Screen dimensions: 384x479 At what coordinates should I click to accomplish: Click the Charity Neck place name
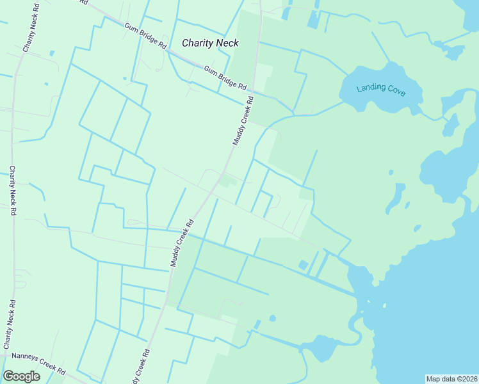pyautogui.click(x=210, y=43)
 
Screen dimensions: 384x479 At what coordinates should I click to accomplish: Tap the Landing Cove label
pyautogui.click(x=381, y=88)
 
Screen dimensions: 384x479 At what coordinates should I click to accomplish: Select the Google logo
pyautogui.click(x=21, y=376)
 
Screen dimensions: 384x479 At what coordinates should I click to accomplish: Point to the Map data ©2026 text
pyautogui.click(x=451, y=379)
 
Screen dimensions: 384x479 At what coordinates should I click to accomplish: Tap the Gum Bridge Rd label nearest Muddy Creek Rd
pyautogui.click(x=225, y=77)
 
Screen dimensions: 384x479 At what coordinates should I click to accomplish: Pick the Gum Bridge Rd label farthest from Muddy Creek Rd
pyautogui.click(x=145, y=37)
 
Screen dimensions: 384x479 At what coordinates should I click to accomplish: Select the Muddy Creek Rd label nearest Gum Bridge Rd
pyautogui.click(x=243, y=120)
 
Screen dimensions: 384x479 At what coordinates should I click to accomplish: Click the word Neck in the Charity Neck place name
pyautogui.click(x=227, y=43)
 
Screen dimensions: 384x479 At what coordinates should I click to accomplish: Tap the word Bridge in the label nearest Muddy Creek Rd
pyautogui.click(x=225, y=77)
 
